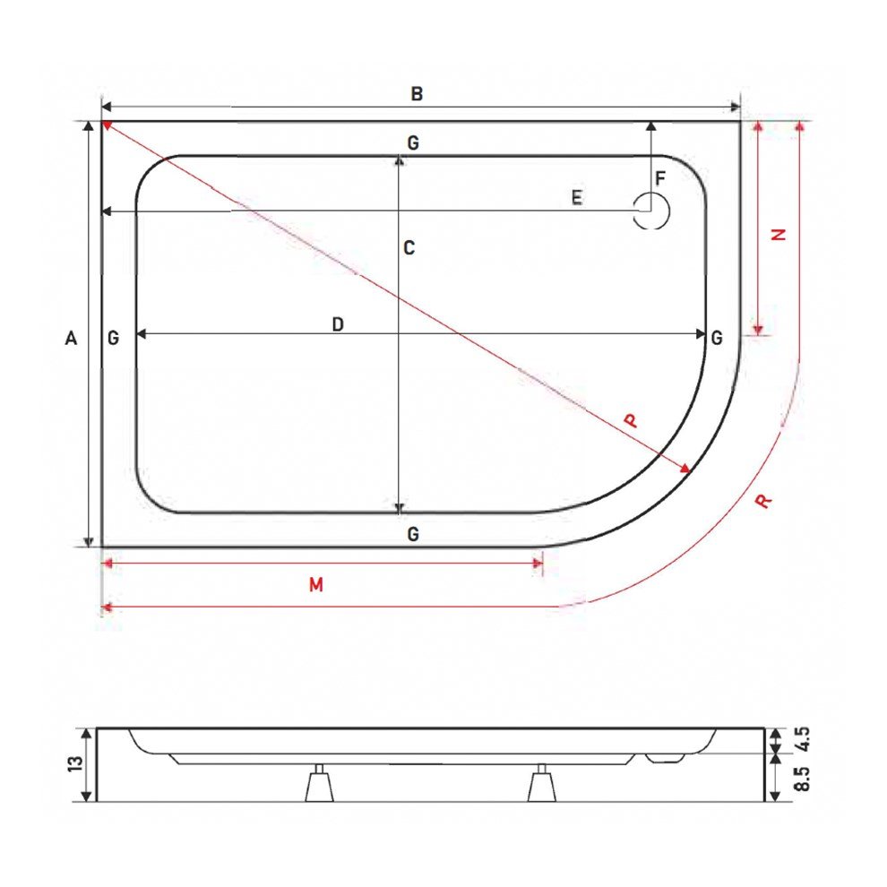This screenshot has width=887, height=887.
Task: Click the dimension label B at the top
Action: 416,93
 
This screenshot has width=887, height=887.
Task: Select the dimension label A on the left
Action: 72,338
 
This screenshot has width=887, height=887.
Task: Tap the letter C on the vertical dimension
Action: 409,248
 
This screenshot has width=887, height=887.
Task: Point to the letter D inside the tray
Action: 338,324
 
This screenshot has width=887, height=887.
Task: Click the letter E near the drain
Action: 577,198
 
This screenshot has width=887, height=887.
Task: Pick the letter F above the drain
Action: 660,178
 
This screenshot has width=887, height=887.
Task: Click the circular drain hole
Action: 651,211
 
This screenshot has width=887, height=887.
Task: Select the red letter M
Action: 315,585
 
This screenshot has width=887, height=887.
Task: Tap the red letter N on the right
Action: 779,234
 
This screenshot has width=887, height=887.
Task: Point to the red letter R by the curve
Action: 762,501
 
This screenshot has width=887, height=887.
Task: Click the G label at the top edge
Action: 412,143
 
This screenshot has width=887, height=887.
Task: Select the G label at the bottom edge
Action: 412,535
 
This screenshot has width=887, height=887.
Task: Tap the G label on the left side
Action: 113,338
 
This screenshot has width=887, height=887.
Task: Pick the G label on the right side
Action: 717,338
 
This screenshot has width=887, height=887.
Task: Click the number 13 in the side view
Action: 75,764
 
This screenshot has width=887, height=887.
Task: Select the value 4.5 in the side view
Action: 802,739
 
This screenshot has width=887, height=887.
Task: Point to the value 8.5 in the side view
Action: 802,777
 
